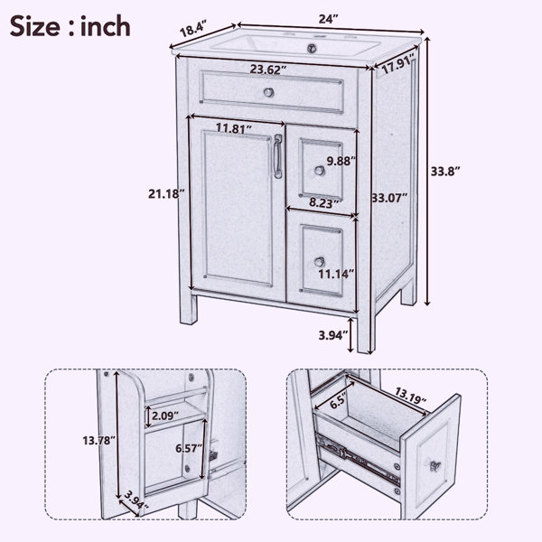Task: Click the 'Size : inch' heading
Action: (70, 26)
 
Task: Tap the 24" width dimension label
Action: (328, 19)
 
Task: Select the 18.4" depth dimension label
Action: (193, 29)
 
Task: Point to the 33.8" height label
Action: (445, 172)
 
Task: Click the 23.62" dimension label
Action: (268, 70)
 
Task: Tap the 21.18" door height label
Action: (164, 194)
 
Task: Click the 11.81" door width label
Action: (234, 128)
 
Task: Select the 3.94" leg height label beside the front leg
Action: (332, 335)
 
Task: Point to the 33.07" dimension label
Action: (389, 198)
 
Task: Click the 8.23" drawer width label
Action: (323, 203)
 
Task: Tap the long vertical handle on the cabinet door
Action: (278, 156)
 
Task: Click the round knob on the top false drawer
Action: (268, 92)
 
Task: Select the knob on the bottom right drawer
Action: (320, 262)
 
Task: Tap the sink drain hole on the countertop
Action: (313, 48)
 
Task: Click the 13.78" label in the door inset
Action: (98, 441)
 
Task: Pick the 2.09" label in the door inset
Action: (165, 416)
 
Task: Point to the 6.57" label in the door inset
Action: (189, 449)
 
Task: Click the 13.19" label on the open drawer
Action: (411, 397)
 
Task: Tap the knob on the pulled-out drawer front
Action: (435, 465)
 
